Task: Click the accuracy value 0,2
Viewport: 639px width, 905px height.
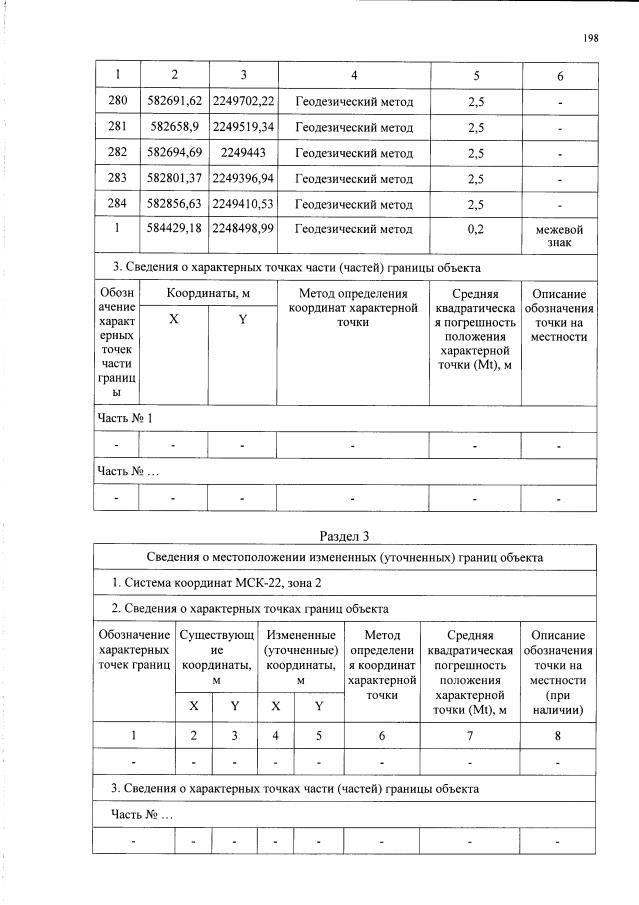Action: (475, 230)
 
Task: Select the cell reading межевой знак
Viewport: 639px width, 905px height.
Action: (559, 236)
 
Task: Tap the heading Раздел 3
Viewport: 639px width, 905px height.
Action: (344, 536)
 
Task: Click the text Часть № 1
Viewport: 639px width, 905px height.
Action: (126, 417)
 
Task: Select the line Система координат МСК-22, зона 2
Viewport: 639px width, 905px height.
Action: (217, 582)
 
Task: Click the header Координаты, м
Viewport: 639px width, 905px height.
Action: (209, 293)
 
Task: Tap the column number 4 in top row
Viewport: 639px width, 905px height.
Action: (353, 75)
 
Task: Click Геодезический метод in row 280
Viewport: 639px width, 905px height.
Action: (353, 102)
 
